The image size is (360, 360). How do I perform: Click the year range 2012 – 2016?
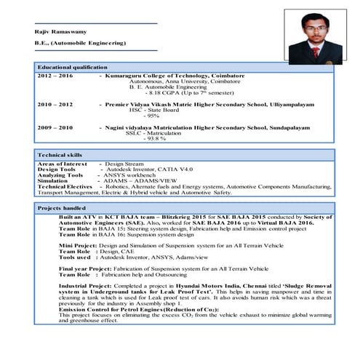point(55,76)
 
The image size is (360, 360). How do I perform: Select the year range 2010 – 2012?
point(55,105)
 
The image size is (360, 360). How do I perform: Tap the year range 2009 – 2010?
point(55,127)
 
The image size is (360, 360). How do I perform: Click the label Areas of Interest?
point(62,164)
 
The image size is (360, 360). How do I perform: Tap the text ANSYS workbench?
point(131,175)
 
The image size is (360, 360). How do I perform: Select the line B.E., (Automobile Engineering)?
point(80,44)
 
